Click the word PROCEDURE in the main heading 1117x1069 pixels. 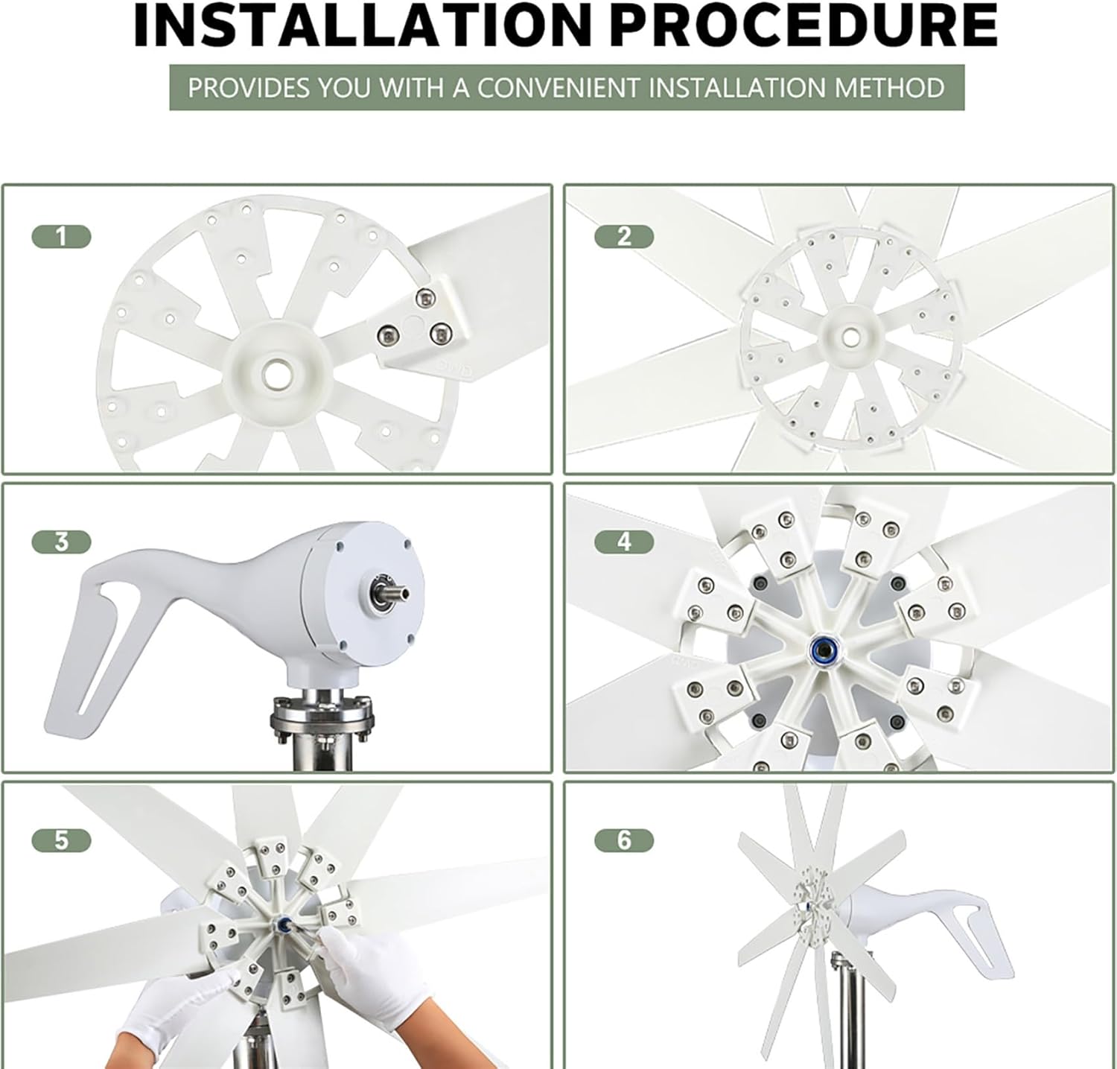coord(808,26)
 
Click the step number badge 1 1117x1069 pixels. coord(61,237)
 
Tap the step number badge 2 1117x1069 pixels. coord(624,237)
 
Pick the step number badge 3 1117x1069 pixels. coord(61,542)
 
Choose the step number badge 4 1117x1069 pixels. coord(624,542)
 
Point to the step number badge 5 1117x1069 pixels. coord(61,840)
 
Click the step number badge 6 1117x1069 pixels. coord(624,840)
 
